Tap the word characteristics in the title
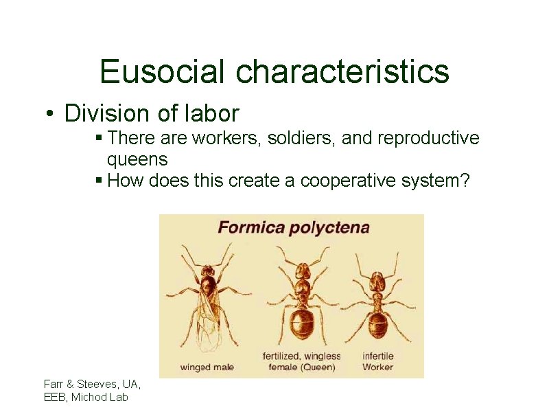[343, 71]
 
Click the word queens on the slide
[137, 159]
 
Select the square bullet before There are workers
[99, 139]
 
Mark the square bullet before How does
[99, 181]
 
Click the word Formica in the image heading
[250, 227]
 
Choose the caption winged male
[207, 367]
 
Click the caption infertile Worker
[377, 361]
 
